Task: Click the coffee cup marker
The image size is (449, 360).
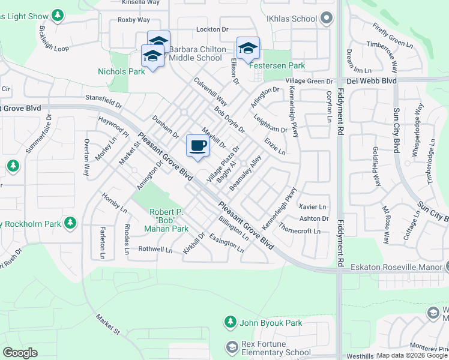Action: pyautogui.click(x=197, y=146)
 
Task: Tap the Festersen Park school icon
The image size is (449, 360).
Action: pyautogui.click(x=248, y=48)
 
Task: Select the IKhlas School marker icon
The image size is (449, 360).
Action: pyautogui.click(x=326, y=19)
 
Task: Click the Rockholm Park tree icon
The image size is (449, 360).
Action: pyautogui.click(x=71, y=223)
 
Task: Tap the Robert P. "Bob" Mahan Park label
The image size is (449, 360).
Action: pyautogui.click(x=170, y=220)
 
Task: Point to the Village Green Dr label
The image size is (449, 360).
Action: pyautogui.click(x=309, y=81)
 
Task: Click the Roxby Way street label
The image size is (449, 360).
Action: pyautogui.click(x=134, y=20)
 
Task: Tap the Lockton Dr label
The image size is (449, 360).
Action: pyautogui.click(x=212, y=29)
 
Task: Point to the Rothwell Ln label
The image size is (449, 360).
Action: pyautogui.click(x=155, y=250)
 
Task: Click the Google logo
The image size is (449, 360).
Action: pyautogui.click(x=20, y=353)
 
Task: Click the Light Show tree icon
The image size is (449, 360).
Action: pyautogui.click(x=58, y=15)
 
